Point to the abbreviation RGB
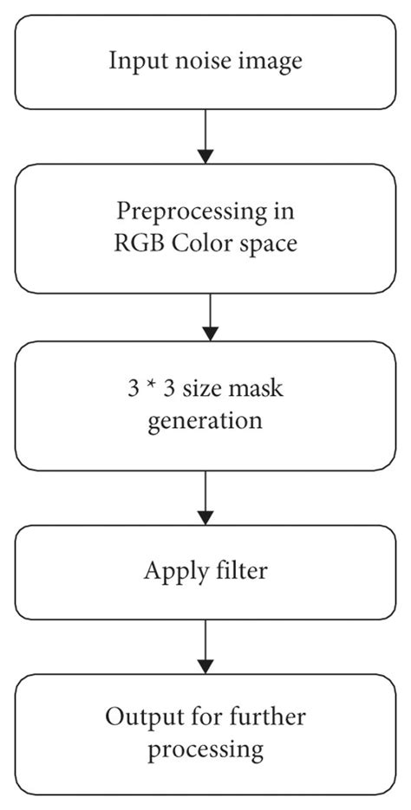[x=134, y=243]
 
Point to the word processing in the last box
[x=205, y=748]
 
